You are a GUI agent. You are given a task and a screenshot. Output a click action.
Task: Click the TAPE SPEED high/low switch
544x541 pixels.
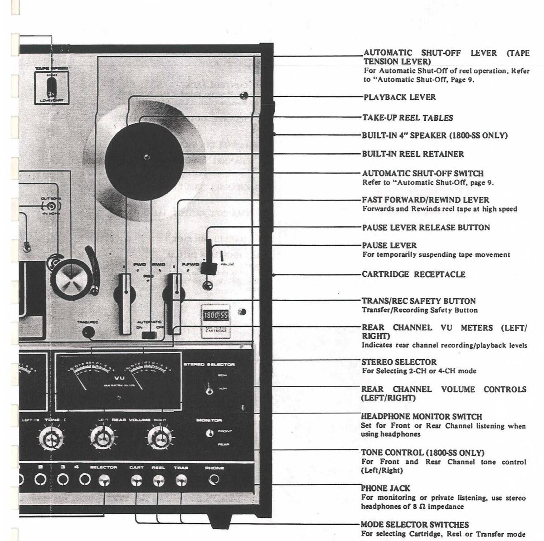click(51, 86)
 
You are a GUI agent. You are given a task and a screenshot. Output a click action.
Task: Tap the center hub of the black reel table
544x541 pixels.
click(146, 157)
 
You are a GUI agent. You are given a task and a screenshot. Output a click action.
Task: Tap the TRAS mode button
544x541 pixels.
click(181, 480)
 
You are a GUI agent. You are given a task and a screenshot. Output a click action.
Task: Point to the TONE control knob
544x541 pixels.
click(51, 438)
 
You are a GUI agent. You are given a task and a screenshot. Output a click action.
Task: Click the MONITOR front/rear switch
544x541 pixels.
click(209, 433)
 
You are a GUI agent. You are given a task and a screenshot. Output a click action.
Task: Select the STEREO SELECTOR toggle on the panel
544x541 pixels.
click(209, 390)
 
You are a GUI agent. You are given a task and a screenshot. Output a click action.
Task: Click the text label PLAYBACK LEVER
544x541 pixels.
click(399, 97)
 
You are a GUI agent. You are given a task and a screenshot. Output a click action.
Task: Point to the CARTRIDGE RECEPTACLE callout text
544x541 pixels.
click(413, 274)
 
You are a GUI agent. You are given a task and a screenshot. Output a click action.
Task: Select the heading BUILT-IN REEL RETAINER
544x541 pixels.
click(413, 154)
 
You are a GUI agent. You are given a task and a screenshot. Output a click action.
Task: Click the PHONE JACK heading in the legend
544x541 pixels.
click(385, 488)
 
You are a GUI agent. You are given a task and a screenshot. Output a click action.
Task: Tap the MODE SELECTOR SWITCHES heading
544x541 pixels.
click(414, 525)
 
